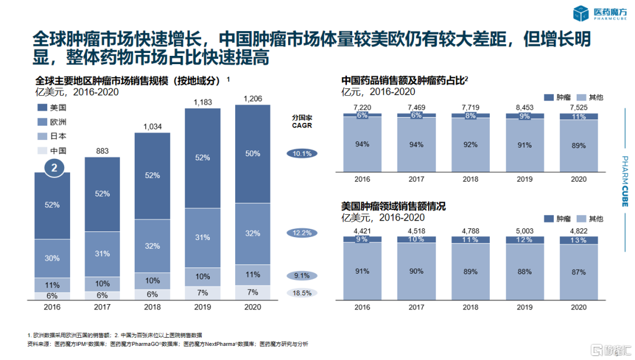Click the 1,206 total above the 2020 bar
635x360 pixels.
[253, 98]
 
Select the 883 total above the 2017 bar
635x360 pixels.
[102, 151]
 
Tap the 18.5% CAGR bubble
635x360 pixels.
[302, 293]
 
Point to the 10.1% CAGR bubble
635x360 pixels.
[302, 154]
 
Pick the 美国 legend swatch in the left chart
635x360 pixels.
[41, 108]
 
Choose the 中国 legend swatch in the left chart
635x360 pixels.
[41, 150]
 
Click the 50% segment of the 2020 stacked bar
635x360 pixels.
[253, 154]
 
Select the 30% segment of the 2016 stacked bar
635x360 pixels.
[52, 258]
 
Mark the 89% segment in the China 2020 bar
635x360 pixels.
[579, 145]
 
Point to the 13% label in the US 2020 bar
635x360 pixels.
[579, 240]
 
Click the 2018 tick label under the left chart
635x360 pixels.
[152, 307]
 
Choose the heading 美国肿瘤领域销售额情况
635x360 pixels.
[393, 206]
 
